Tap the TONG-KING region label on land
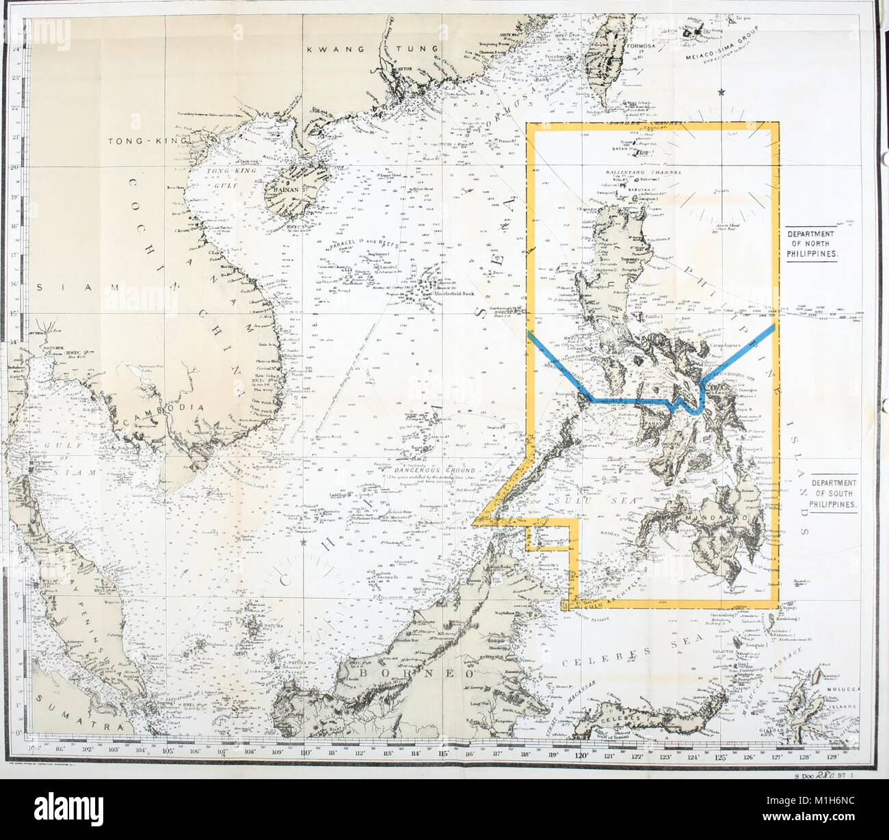point(146,141)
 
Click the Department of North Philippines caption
point(814,243)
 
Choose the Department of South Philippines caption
point(833,493)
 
